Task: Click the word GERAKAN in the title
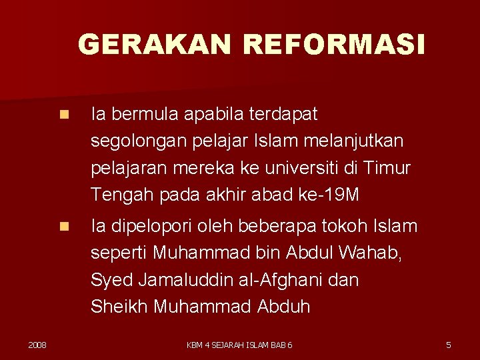[x=155, y=45]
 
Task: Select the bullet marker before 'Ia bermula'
[x=63, y=115]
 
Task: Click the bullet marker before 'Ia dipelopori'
[x=63, y=227]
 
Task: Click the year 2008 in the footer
[x=37, y=345]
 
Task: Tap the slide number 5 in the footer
[x=448, y=345]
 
